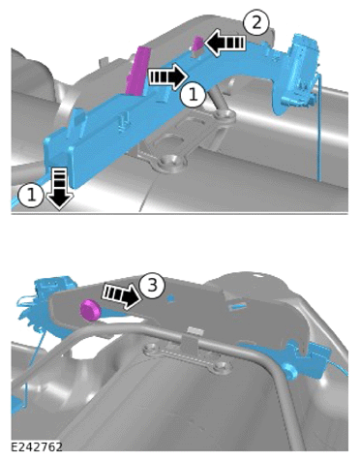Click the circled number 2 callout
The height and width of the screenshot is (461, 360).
256,23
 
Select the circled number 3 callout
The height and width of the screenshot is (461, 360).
152,286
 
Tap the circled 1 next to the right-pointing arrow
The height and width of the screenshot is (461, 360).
193,95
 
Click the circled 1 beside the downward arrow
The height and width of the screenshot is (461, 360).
31,195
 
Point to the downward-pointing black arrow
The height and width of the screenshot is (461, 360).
60,189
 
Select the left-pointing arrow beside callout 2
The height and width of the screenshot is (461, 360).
225,42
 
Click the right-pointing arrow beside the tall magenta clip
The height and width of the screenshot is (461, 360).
168,77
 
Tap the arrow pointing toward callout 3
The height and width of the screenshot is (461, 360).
123,294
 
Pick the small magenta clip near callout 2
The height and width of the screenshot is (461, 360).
198,44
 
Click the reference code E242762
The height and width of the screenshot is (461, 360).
37,446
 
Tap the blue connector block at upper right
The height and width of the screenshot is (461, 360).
302,70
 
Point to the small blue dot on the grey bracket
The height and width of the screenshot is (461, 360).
170,298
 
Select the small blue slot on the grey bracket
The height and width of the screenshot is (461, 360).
238,306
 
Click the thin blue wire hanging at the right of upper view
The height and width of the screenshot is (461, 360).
319,128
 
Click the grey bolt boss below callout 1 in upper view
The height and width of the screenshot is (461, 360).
225,115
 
